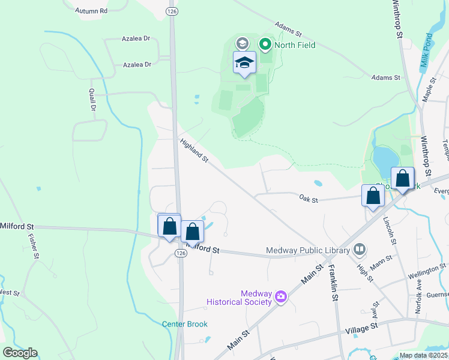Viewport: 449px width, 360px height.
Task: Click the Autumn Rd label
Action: point(91,11)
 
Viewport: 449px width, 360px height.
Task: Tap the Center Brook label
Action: point(185,324)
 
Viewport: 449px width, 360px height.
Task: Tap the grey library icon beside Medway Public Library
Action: point(360,248)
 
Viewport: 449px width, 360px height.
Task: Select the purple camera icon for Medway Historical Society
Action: point(280,296)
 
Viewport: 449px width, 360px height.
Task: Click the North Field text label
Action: point(295,44)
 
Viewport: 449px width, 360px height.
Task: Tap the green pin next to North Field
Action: point(265,44)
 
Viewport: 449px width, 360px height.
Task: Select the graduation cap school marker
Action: point(244,62)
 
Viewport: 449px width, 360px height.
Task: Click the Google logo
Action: point(20,353)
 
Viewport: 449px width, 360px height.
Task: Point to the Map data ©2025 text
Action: point(424,355)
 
